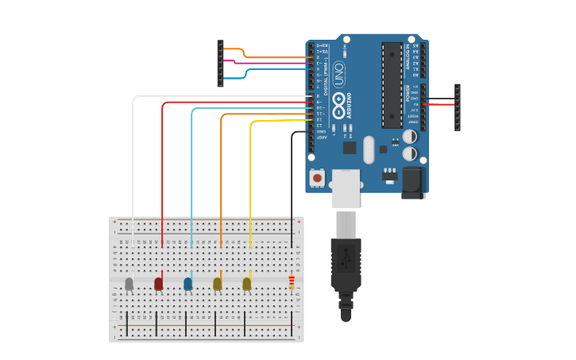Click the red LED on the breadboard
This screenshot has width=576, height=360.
click(158, 283)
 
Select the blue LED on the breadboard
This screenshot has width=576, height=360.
click(187, 283)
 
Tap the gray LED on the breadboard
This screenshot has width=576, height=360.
click(129, 283)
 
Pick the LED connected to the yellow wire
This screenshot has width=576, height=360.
click(246, 283)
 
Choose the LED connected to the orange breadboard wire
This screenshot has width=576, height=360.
click(217, 283)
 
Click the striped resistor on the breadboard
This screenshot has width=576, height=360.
click(292, 282)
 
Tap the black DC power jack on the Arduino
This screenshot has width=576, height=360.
click(413, 182)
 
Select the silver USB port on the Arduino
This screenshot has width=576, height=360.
click(346, 188)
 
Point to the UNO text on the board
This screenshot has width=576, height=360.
click(339, 74)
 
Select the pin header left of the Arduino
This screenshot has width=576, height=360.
click(220, 63)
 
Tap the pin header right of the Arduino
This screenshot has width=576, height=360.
click(458, 106)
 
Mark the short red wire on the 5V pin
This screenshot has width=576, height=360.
click(441, 104)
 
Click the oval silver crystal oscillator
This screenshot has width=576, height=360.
click(369, 149)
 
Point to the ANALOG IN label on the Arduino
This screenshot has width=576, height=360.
click(408, 56)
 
